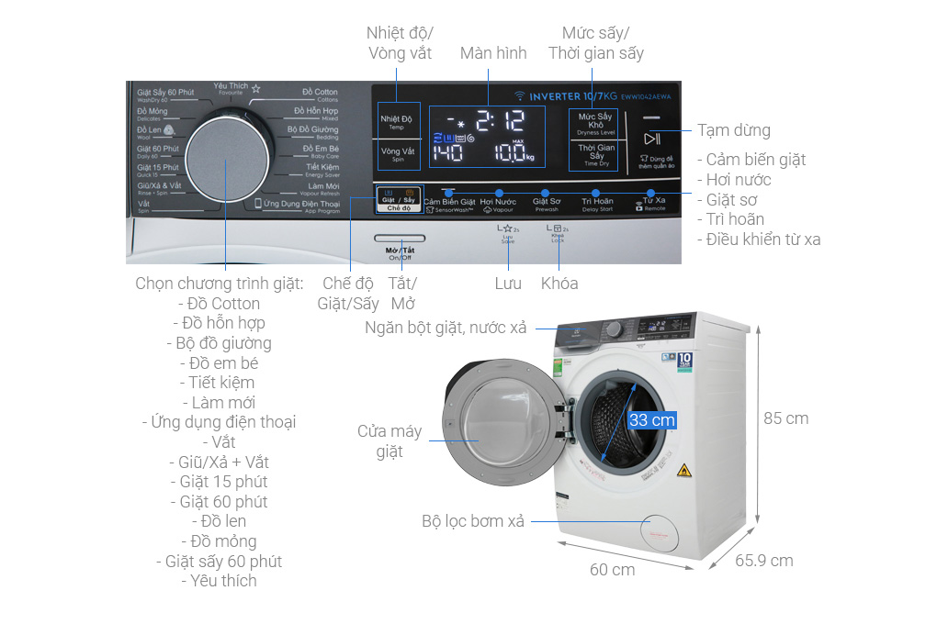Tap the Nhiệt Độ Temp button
point(398,122)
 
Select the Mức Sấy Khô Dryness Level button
point(595,124)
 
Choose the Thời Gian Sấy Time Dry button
point(595,154)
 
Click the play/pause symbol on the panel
point(651,139)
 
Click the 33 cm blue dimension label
point(651,419)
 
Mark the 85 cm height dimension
point(785,418)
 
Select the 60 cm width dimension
point(612,570)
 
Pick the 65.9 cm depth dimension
point(764,561)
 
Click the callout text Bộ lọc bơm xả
point(473,521)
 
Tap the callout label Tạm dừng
point(733,130)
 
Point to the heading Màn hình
point(493,53)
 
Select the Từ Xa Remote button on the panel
point(653,201)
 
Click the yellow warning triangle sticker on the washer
point(683,472)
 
